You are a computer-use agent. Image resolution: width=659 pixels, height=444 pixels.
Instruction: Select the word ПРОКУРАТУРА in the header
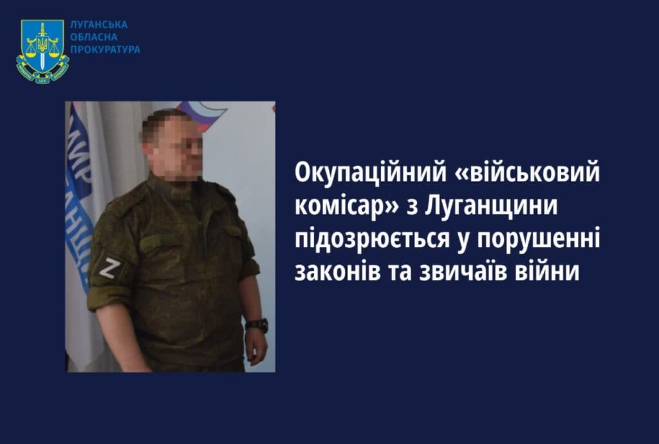coord(106,50)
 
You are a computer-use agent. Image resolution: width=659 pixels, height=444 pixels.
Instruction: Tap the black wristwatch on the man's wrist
coord(257,325)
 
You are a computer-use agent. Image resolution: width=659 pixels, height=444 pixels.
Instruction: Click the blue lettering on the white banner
coord(79,193)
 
